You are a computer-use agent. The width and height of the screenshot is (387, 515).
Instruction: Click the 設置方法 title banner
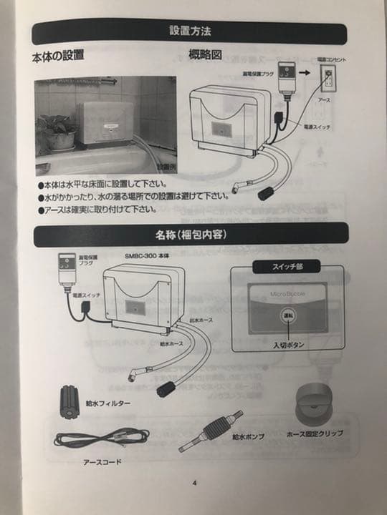[189, 31]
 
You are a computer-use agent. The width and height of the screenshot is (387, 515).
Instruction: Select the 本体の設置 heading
[59, 55]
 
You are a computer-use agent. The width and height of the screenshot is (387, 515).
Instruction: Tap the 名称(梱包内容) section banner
[189, 234]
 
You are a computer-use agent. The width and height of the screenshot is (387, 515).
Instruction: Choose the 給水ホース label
[172, 344]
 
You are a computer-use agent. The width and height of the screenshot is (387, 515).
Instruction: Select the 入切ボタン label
[289, 346]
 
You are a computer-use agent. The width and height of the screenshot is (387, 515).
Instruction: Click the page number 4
[193, 482]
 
